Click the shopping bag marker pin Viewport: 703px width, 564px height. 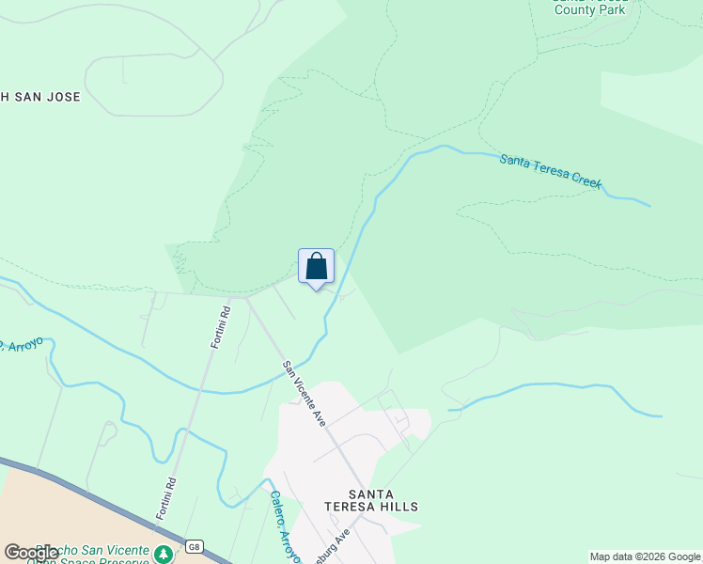316,266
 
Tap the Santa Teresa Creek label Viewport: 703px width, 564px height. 551,173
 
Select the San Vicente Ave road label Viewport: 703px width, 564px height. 305,393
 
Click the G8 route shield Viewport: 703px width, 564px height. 194,546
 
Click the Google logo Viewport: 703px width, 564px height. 32,553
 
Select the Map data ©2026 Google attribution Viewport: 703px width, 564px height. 645,556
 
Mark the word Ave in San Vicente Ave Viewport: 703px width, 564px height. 320,416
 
